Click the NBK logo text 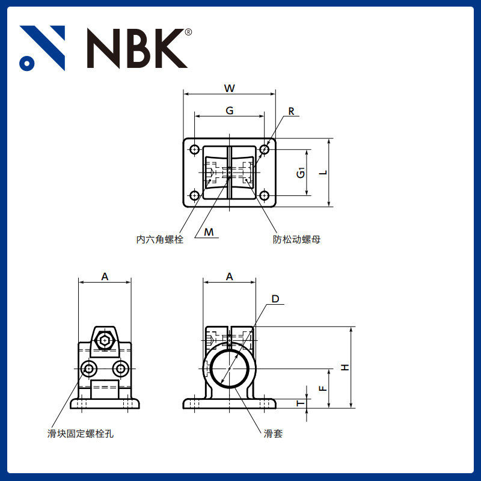coord(137,48)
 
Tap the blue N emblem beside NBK coord(42,48)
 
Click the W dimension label coord(230,88)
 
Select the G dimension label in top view coord(230,111)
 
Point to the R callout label coord(291,111)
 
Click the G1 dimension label coord(301,173)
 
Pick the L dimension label coord(323,173)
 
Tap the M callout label coord(209,232)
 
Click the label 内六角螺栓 coord(159,239)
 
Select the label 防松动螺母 coord(296,239)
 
